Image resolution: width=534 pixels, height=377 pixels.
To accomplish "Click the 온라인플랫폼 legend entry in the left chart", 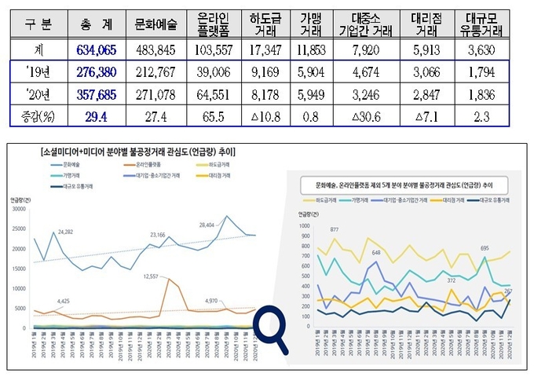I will pyautogui.click(x=148, y=163).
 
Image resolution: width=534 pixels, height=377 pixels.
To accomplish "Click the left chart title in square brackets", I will pyautogui.click(x=150, y=148).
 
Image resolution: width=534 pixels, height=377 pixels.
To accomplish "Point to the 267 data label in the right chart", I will pyautogui.click(x=508, y=291).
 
